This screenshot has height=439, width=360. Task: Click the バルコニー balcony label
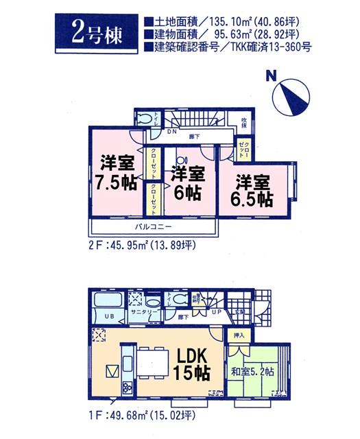(154, 227)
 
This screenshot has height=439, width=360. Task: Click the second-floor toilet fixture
(146, 119)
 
